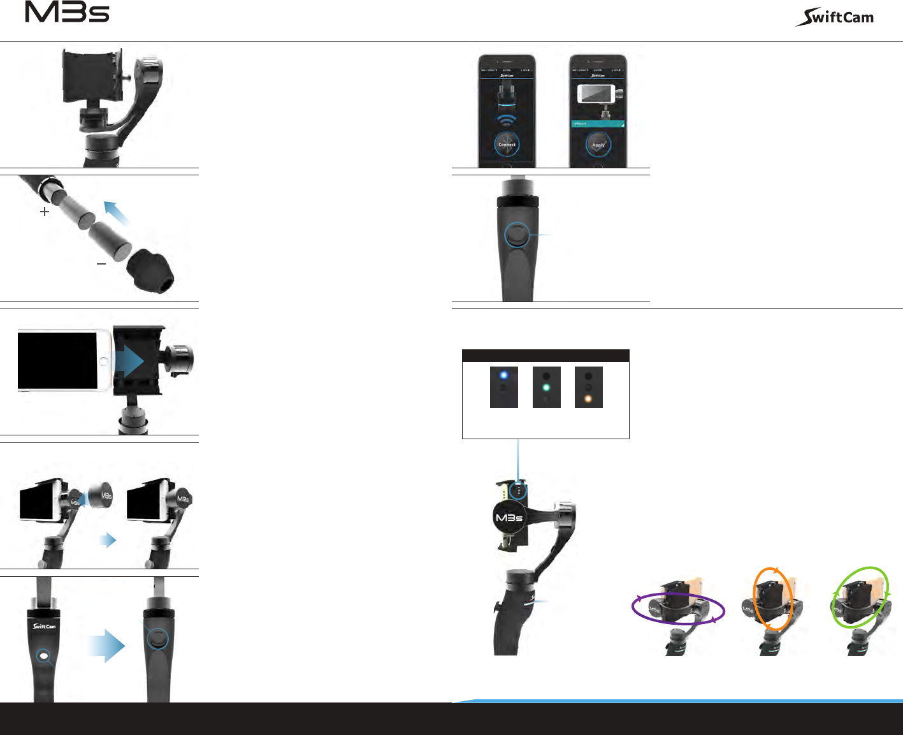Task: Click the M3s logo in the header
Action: click(x=67, y=13)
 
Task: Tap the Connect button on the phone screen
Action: click(x=507, y=145)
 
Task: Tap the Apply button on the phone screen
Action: click(x=598, y=145)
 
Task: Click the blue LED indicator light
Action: click(x=503, y=375)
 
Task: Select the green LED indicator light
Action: click(x=546, y=387)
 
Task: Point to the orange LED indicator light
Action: click(x=588, y=399)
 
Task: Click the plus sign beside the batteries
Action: click(x=45, y=212)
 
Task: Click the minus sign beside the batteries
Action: click(x=101, y=263)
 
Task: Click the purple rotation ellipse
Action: click(x=678, y=608)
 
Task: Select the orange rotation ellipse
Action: click(x=773, y=599)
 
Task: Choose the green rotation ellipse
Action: click(x=861, y=596)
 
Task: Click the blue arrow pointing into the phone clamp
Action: click(x=129, y=361)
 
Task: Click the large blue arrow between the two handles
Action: click(x=107, y=645)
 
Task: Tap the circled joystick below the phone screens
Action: click(x=517, y=235)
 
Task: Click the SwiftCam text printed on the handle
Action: click(x=45, y=626)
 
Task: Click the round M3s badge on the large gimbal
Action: click(x=509, y=518)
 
